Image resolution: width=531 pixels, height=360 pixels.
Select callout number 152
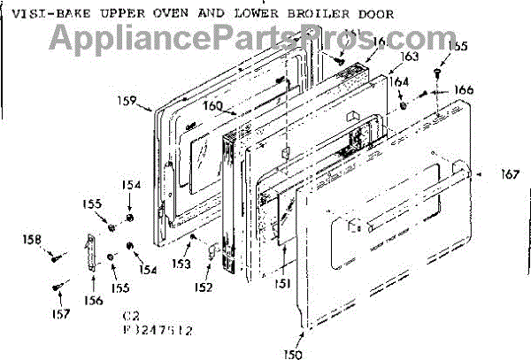(x=204, y=287)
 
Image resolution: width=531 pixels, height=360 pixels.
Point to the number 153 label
(x=181, y=264)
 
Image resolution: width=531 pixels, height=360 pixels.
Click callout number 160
(x=211, y=107)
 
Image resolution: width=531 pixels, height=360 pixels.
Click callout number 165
(x=458, y=45)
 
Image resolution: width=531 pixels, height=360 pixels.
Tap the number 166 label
(x=464, y=89)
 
